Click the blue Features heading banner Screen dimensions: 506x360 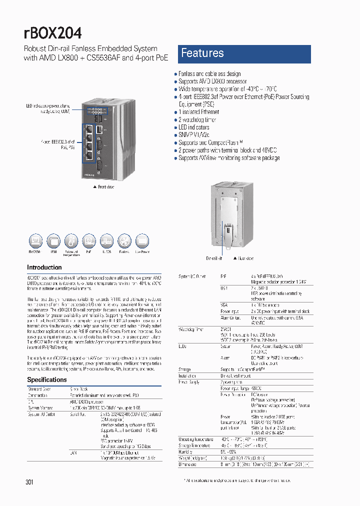244,53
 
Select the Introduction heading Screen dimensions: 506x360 44,267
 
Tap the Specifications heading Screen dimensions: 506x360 47,380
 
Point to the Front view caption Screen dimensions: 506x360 104,186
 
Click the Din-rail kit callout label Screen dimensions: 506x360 214,258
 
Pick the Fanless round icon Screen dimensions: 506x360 124,241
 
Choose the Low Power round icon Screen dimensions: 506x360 142,241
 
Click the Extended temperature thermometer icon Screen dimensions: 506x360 71,241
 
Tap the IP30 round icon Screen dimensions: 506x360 53,241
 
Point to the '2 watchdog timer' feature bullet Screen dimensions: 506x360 198,120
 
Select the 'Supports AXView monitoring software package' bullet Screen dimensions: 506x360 229,158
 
